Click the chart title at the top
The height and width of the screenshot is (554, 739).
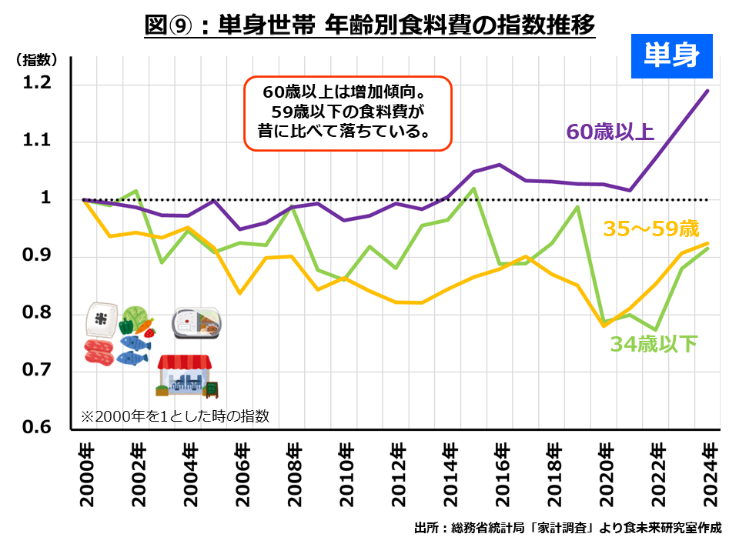click(369, 25)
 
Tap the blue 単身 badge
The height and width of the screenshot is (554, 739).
click(672, 56)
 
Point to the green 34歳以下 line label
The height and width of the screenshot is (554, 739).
click(654, 344)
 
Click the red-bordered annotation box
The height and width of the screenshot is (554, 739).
click(346, 113)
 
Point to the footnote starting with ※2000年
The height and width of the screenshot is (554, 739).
click(175, 416)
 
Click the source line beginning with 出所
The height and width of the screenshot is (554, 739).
click(567, 528)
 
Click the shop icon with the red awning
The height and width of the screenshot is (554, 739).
click(187, 375)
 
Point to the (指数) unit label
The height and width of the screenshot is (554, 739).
click(35, 59)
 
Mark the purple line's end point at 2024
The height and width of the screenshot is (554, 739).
click(708, 91)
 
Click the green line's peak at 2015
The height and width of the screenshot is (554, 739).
click(474, 189)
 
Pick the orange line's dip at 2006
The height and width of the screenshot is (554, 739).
click(240, 293)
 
